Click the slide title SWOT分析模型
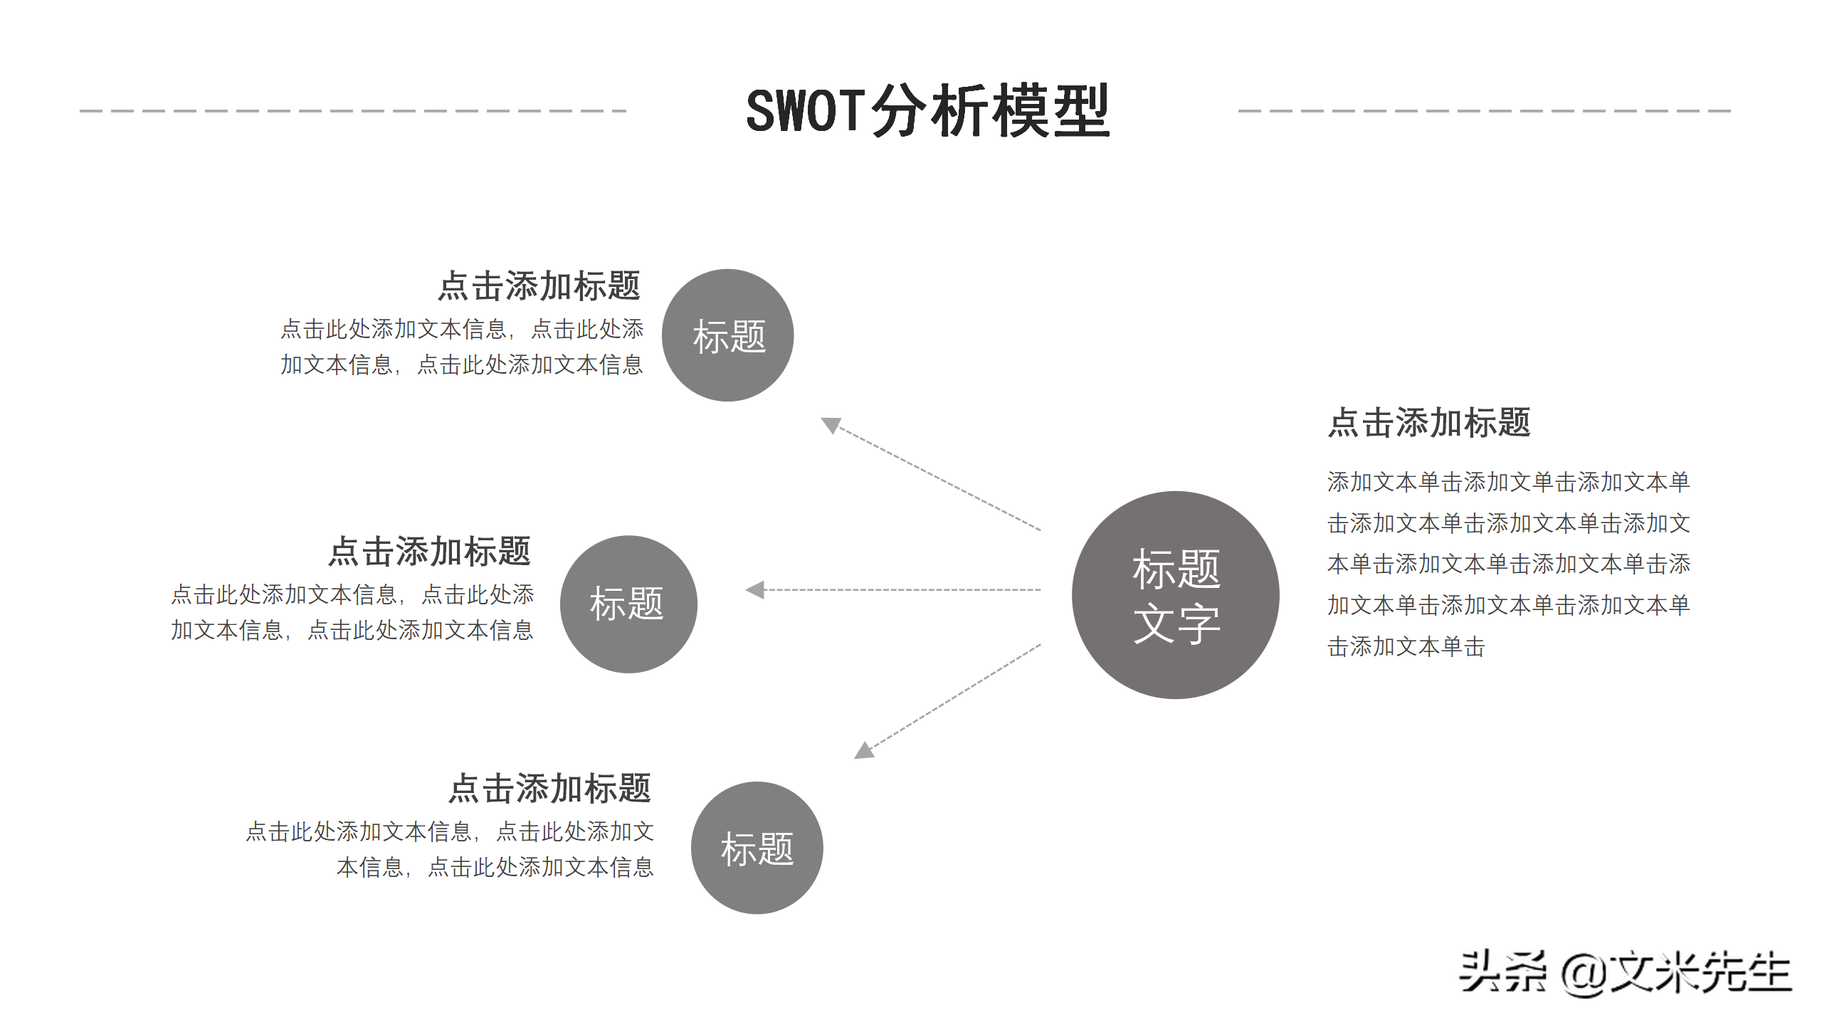[x=927, y=111]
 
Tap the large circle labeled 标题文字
[x=1175, y=595]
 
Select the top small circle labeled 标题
[x=727, y=335]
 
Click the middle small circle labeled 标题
[x=628, y=604]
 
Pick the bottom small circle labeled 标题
[x=757, y=848]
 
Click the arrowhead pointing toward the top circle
[x=831, y=425]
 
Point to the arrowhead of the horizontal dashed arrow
[x=755, y=589]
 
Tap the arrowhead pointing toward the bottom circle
[x=864, y=750]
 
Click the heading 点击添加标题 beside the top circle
[x=539, y=286]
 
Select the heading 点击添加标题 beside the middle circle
[x=429, y=552]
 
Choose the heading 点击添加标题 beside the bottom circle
[x=549, y=789]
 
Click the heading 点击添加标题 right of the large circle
[x=1429, y=423]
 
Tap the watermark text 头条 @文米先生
[x=1624, y=972]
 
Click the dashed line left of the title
[x=353, y=111]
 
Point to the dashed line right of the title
[x=1484, y=111]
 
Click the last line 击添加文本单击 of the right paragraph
[x=1406, y=646]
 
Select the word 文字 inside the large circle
[x=1176, y=624]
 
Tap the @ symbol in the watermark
[x=1584, y=974]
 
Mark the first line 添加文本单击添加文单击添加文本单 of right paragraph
[x=1508, y=482]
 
